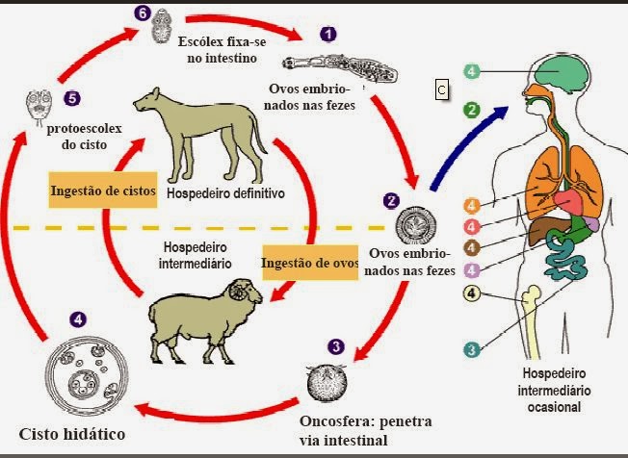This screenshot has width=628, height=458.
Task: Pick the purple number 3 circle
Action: click(x=335, y=345)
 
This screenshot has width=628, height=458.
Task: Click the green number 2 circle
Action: click(x=471, y=110)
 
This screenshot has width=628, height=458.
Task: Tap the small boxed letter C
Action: click(x=441, y=89)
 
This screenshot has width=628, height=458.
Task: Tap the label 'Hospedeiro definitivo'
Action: click(x=226, y=192)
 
